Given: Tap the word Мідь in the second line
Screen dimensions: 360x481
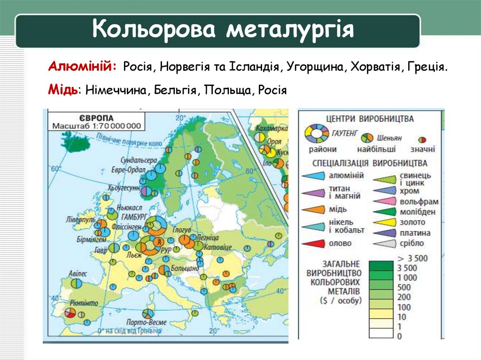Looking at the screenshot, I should [62, 89].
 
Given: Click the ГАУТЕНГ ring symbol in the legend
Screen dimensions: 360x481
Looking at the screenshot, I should [318, 134].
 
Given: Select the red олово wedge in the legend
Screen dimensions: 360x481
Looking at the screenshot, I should [313, 244].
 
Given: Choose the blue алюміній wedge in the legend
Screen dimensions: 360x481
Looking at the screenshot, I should [313, 176].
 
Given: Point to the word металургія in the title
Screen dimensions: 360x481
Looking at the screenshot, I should [289, 30].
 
